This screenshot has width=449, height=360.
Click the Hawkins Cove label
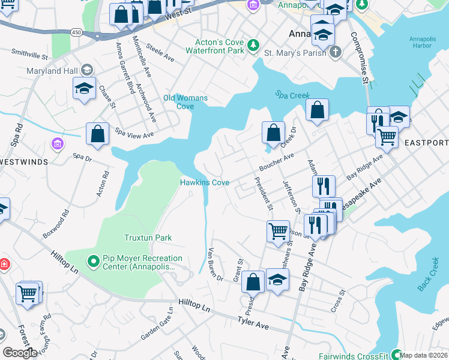pos(205,182)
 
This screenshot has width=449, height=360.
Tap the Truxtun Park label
pos(148,238)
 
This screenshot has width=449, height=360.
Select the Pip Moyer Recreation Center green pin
pos(94,262)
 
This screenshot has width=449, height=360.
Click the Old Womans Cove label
pos(185,102)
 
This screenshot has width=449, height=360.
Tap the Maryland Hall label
pos(53,71)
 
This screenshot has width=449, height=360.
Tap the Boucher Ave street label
pos(276,161)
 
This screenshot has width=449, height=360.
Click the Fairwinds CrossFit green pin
pos(396,353)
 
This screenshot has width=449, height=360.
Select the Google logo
pos(20,353)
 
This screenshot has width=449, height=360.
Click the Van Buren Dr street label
pos(215,265)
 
